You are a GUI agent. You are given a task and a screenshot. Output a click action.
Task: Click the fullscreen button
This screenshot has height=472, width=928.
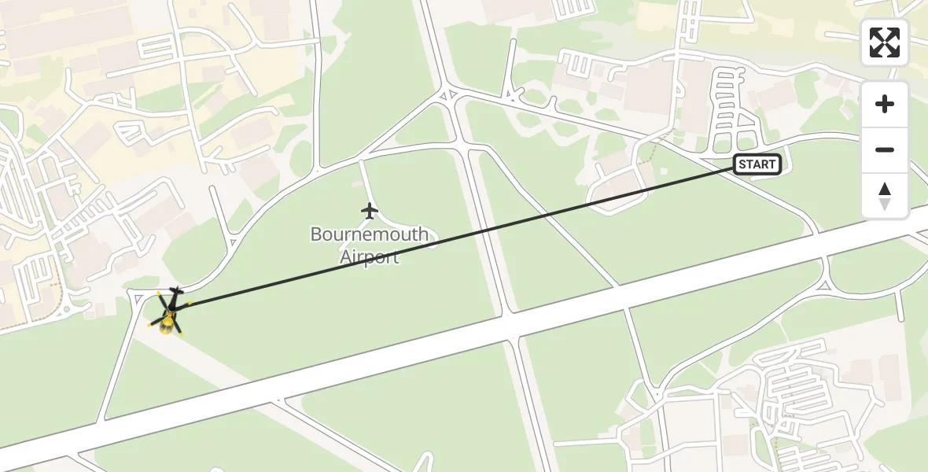point(885,42)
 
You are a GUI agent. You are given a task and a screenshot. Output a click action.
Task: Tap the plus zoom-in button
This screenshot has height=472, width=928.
point(885,104)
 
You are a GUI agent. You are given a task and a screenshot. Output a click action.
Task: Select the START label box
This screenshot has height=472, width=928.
point(757,164)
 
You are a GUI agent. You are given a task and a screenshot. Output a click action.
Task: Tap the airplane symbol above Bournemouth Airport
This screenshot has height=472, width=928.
point(369,211)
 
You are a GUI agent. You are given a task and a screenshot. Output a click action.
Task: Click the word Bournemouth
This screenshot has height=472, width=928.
point(370,234)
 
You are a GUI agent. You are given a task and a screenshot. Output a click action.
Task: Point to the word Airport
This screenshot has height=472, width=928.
point(370,257)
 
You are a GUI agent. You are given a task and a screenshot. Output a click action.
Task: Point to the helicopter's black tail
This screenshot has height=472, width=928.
point(175,292)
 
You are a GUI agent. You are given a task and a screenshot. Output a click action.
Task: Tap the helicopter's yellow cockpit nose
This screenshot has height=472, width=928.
point(166,326)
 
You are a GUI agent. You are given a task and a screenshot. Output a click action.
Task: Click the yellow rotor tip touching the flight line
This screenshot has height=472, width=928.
point(189,304)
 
